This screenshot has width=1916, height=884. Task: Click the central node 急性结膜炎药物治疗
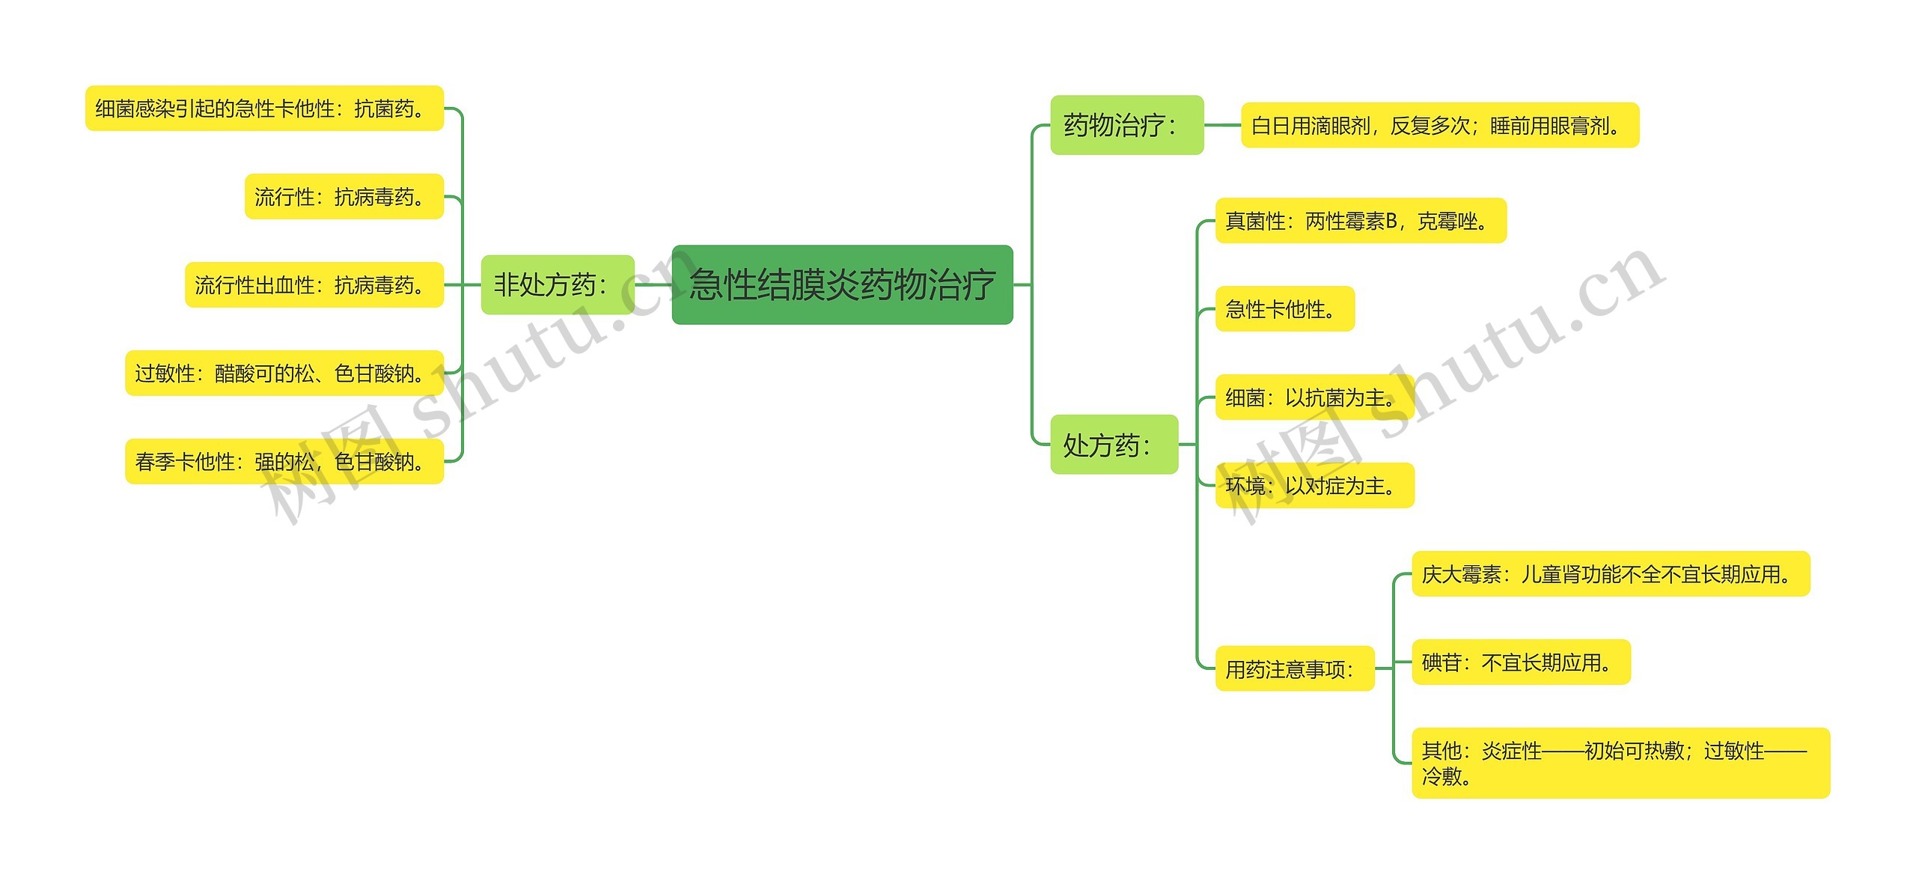pyautogui.click(x=842, y=284)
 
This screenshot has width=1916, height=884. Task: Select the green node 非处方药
pyautogui.click(x=557, y=284)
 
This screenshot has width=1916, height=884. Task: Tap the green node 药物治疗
pyautogui.click(x=1126, y=125)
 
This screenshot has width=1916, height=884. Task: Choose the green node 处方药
pyautogui.click(x=1114, y=445)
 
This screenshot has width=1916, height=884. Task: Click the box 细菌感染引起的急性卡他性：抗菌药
pyautogui.click(x=264, y=109)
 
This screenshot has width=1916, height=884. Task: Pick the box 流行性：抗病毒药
pyautogui.click(x=344, y=197)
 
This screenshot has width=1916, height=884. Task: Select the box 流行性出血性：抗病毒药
pyautogui.click(x=314, y=285)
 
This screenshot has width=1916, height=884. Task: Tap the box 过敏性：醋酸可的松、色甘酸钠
pyautogui.click(x=284, y=373)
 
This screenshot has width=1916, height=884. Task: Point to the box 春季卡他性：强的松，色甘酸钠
pyautogui.click(x=284, y=461)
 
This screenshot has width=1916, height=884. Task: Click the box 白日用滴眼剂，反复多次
pyautogui.click(x=1439, y=125)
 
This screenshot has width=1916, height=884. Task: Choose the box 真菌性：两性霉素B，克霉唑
pyautogui.click(x=1360, y=221)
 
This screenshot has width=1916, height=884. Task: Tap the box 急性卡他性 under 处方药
pyautogui.click(x=1284, y=308)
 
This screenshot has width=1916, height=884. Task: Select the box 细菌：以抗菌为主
pyautogui.click(x=1314, y=397)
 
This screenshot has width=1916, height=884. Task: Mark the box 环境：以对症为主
pyautogui.click(x=1314, y=486)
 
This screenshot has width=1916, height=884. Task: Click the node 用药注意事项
pyautogui.click(x=1294, y=668)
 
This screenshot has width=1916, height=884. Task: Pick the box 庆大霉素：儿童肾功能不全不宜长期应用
pyautogui.click(x=1610, y=574)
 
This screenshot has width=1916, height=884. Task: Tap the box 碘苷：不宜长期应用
pyautogui.click(x=1520, y=662)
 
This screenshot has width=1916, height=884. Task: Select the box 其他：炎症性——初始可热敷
pyautogui.click(x=1620, y=763)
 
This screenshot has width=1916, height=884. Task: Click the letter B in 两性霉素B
pyautogui.click(x=1391, y=221)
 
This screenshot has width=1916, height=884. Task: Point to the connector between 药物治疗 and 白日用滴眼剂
pyautogui.click(x=1222, y=125)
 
